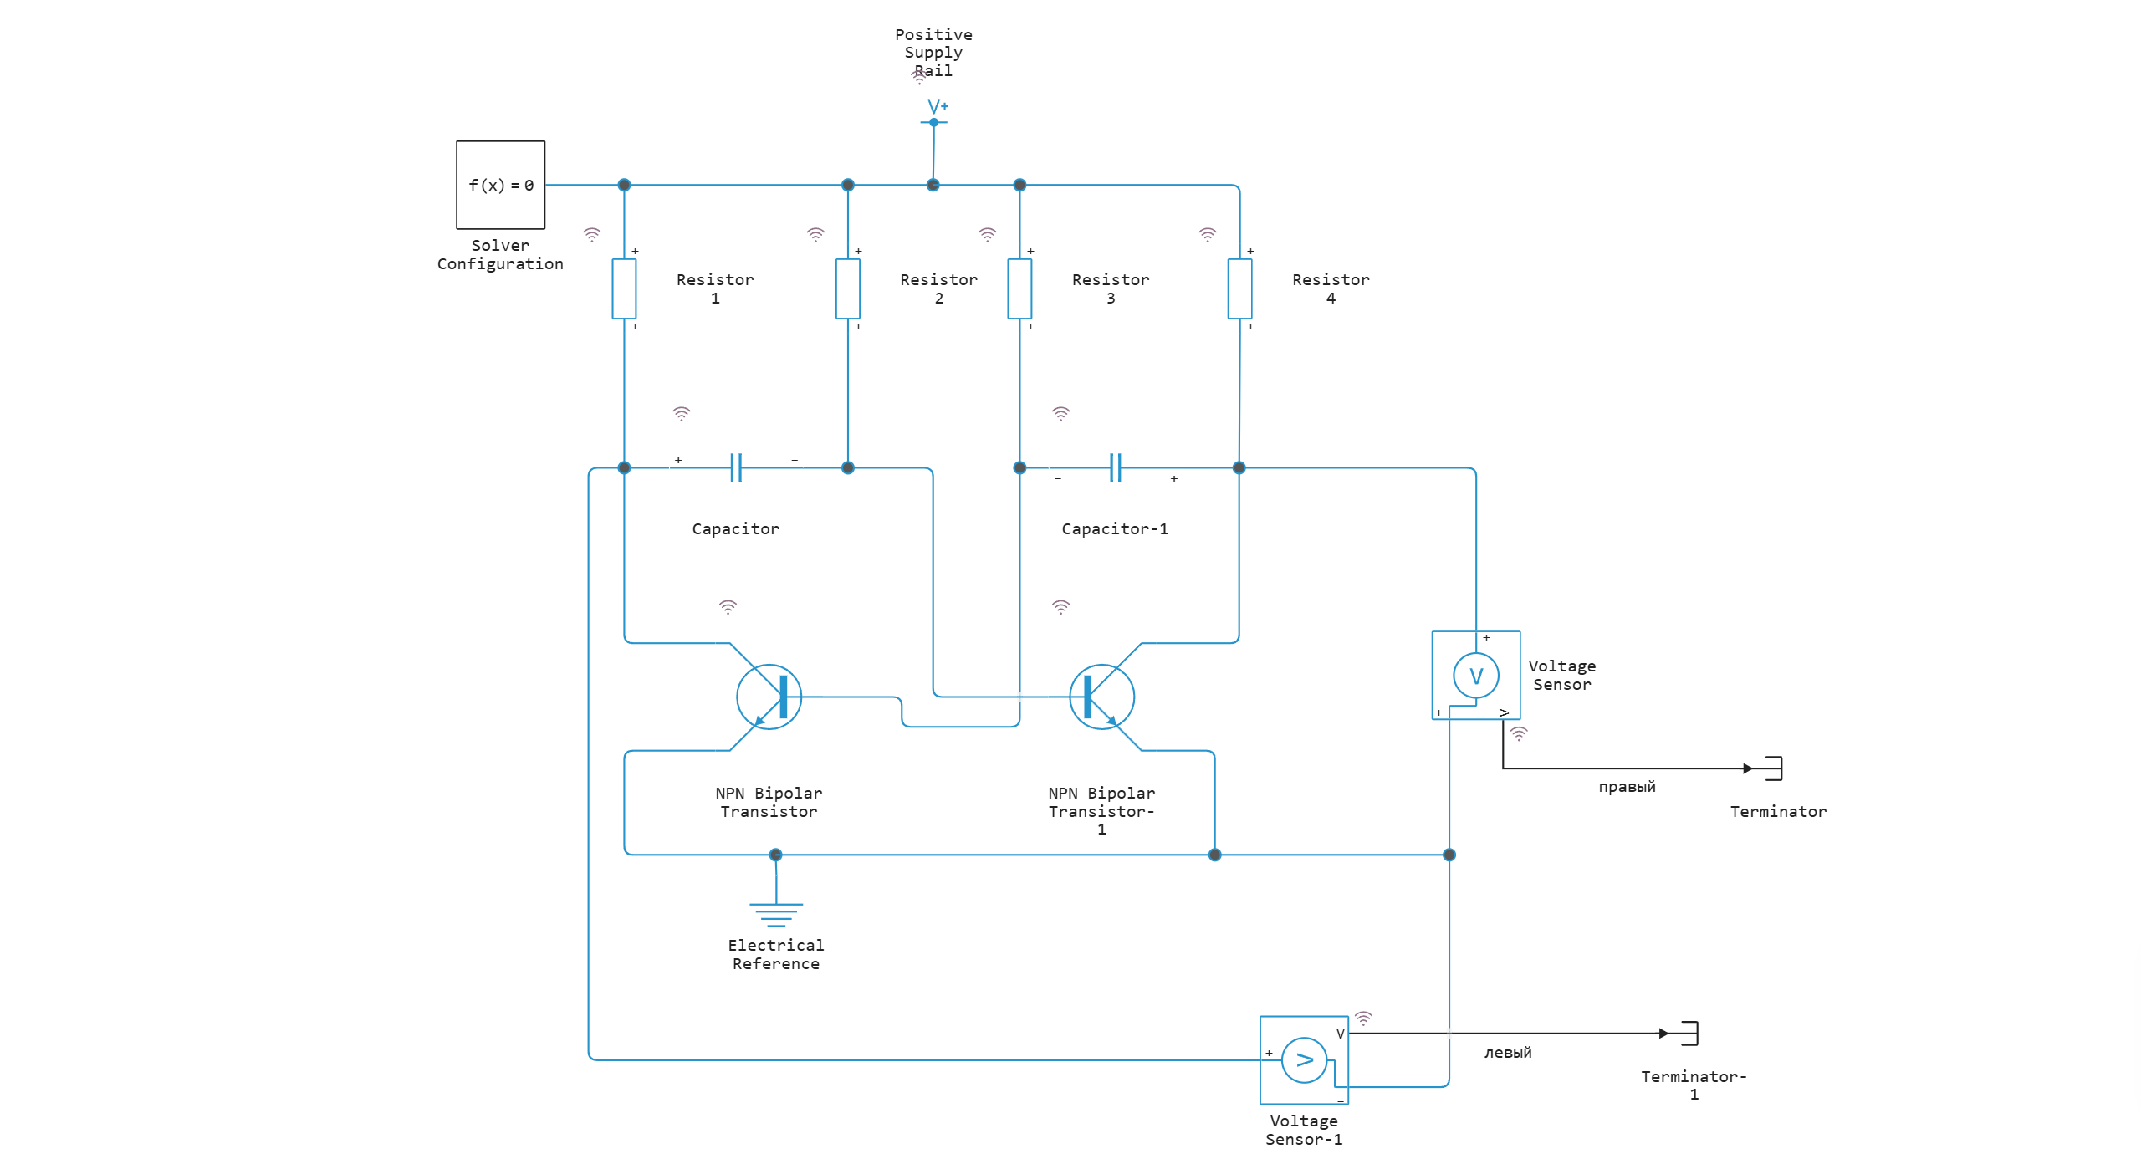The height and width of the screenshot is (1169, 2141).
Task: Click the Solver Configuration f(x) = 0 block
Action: (500, 185)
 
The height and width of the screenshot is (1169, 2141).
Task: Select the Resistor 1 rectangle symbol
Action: (624, 288)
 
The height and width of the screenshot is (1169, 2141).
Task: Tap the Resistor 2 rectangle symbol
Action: (847, 288)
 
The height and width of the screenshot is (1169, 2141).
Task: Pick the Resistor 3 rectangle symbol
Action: (1019, 288)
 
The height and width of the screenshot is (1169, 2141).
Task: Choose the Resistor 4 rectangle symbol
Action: (1239, 288)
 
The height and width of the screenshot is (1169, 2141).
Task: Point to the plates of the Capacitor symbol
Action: (736, 467)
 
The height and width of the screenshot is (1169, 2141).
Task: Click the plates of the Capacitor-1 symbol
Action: (1115, 467)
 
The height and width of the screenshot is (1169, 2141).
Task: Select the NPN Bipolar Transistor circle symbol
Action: (769, 697)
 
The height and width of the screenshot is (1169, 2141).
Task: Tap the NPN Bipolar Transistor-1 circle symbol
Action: (1101, 697)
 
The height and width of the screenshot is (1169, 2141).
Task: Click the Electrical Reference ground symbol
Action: (776, 913)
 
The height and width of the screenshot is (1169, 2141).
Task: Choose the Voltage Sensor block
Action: (1475, 675)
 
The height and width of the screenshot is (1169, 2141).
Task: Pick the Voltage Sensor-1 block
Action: (1304, 1059)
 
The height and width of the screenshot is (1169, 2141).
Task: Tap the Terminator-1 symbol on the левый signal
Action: (1689, 1033)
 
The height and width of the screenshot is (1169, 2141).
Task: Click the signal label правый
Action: (1627, 787)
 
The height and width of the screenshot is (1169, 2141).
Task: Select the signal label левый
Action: (1508, 1053)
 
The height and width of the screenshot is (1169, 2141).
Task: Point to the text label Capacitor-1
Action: (1114, 528)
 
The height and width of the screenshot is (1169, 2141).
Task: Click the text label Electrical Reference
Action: (776, 954)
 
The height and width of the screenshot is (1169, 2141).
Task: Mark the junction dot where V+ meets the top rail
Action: (933, 185)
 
